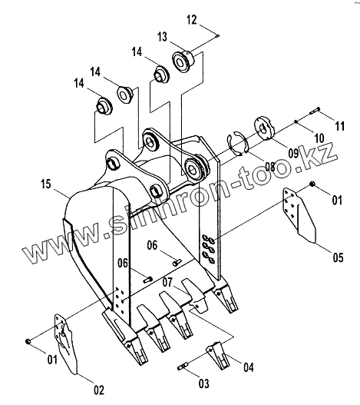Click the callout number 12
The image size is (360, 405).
point(191,20)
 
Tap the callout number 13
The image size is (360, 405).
point(162,37)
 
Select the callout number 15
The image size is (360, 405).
point(46,184)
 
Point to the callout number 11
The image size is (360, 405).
point(339,126)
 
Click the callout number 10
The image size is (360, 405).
point(319,138)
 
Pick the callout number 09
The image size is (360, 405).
point(293,154)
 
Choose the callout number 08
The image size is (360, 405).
point(270,167)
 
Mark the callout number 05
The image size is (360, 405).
point(338,257)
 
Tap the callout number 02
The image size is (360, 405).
point(99,390)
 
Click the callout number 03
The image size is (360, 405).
point(204,383)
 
